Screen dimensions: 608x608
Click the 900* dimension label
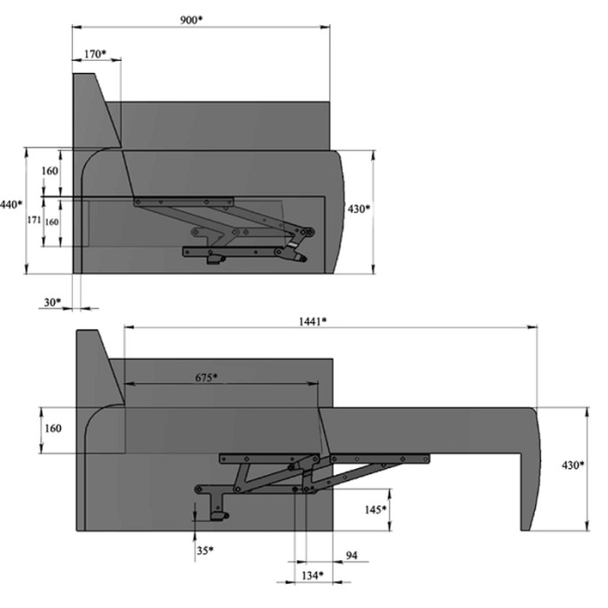click(x=191, y=20)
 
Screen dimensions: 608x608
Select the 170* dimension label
click(x=95, y=54)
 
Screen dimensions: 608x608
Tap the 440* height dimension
click(x=10, y=204)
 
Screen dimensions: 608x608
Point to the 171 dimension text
click(x=34, y=220)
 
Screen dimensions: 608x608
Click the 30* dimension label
click(x=52, y=302)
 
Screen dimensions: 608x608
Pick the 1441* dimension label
click(x=313, y=321)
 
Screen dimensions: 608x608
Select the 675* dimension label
click(x=206, y=377)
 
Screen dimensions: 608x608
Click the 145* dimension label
click(x=375, y=510)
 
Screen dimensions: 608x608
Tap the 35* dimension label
click(x=205, y=550)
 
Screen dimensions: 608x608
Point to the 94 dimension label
click(x=351, y=555)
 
